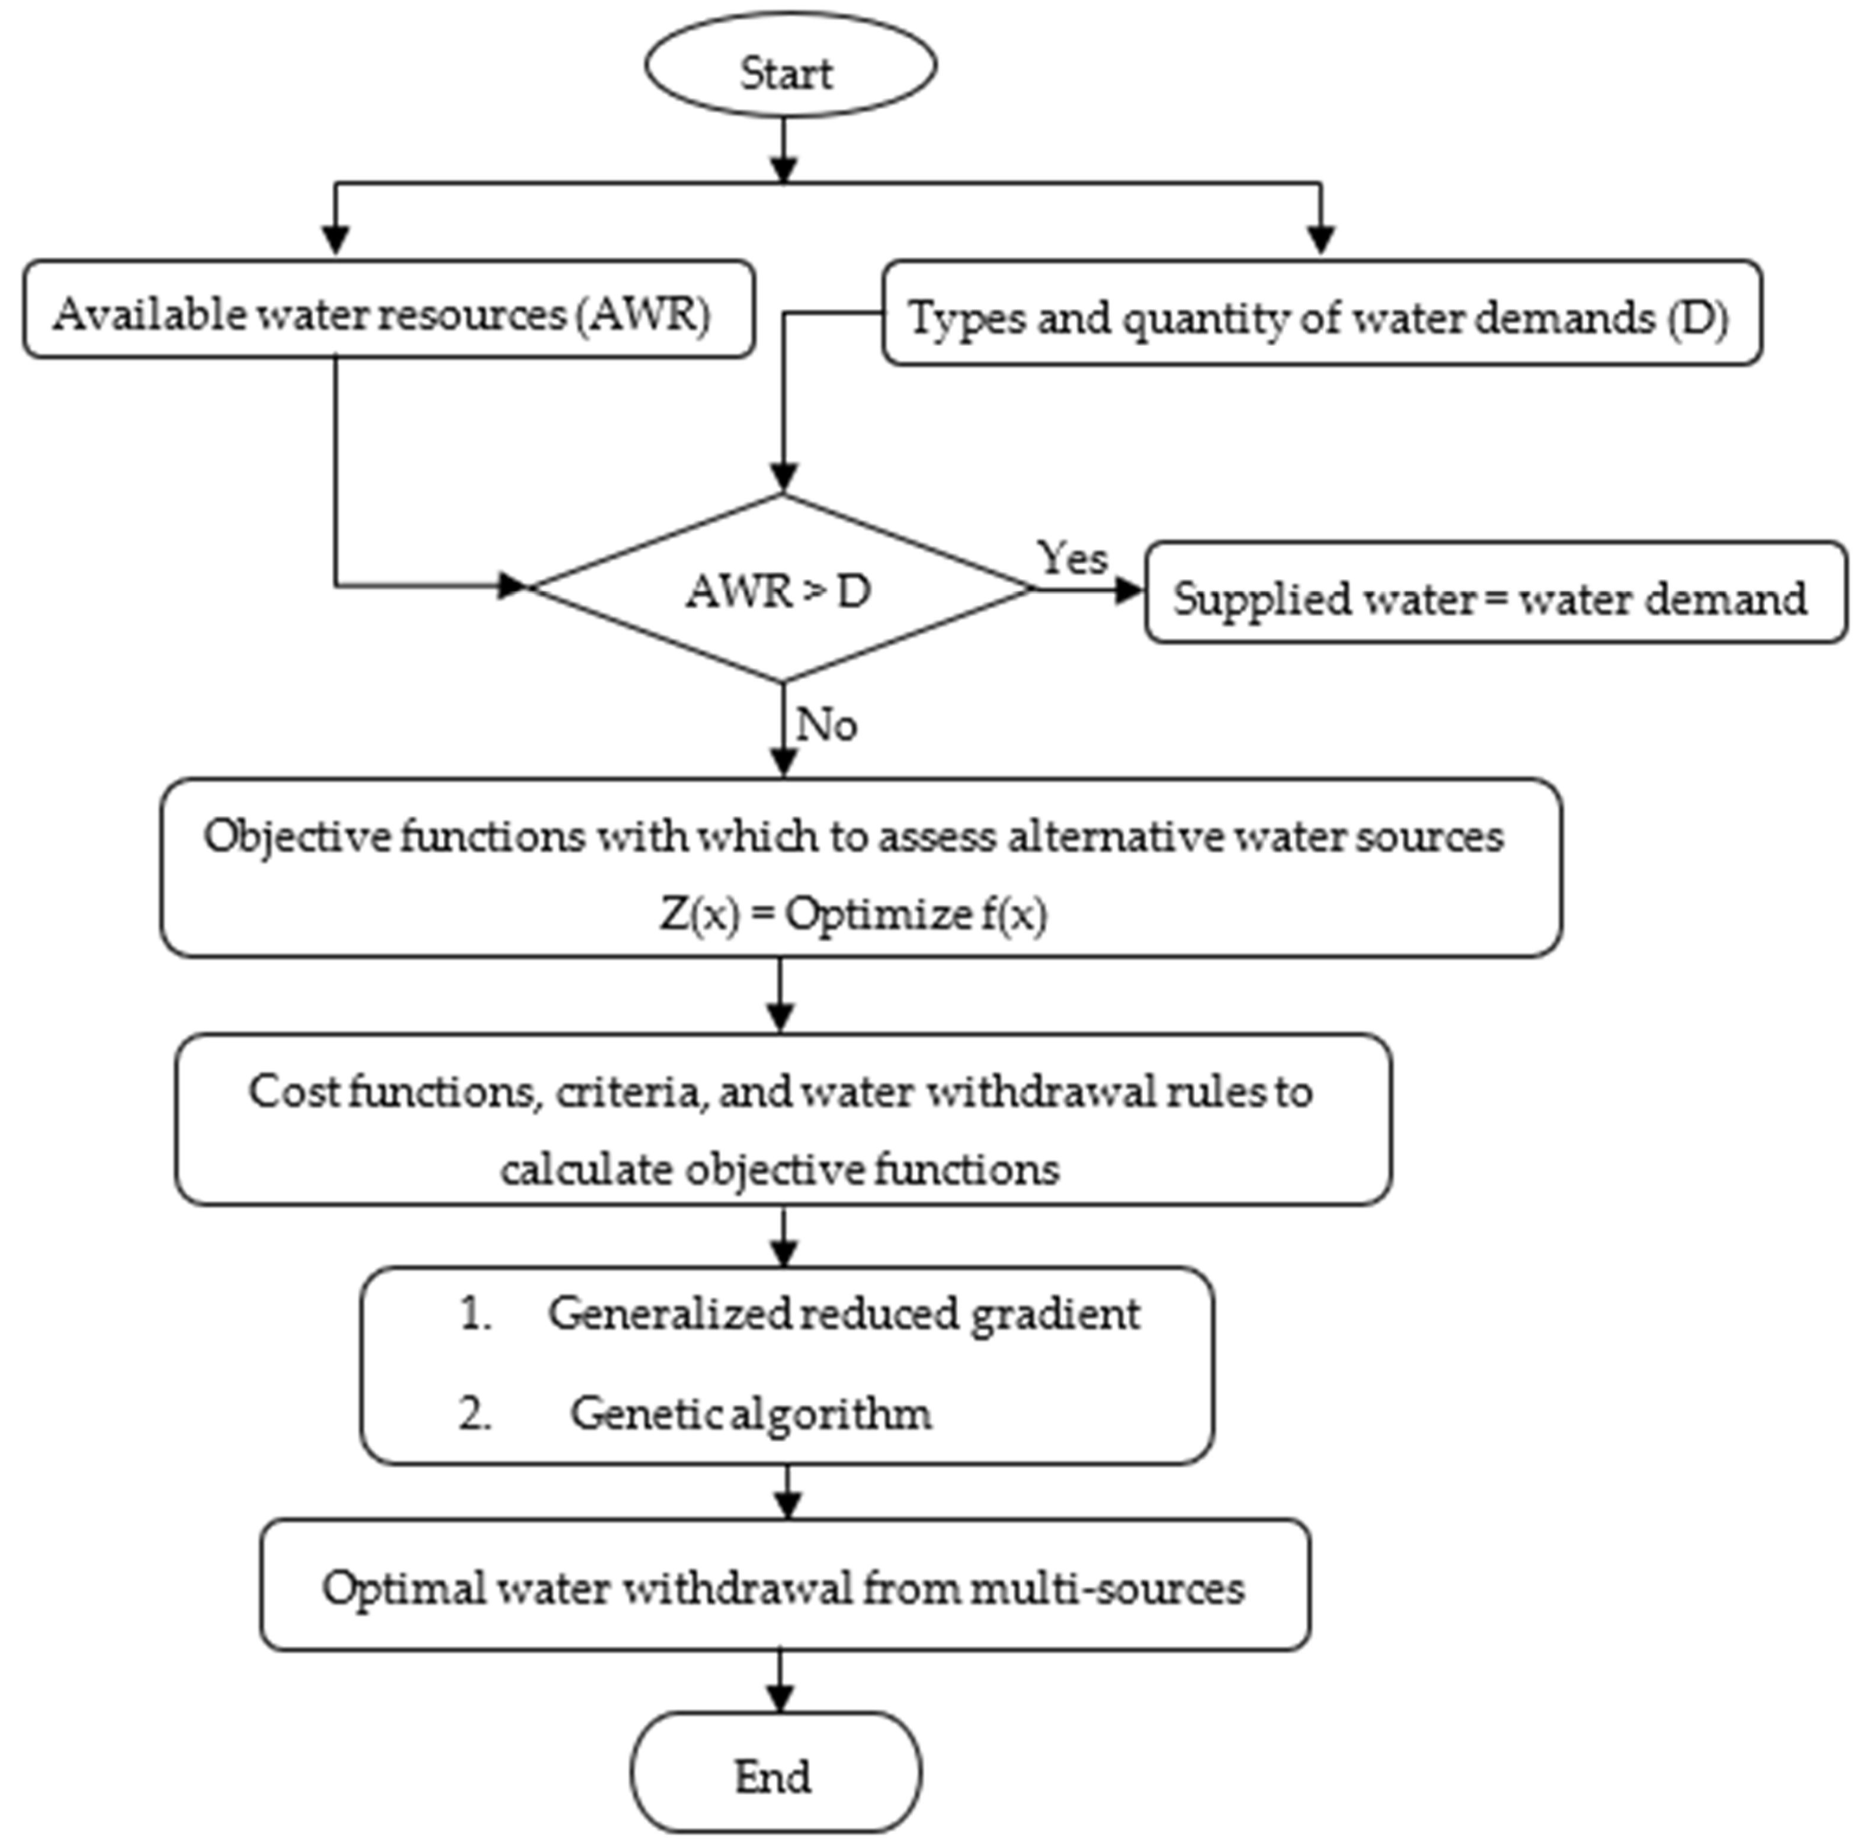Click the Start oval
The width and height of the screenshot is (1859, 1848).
(789, 68)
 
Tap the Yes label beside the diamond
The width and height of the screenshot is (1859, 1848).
(1071, 558)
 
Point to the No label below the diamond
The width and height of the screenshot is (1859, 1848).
(826, 724)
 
